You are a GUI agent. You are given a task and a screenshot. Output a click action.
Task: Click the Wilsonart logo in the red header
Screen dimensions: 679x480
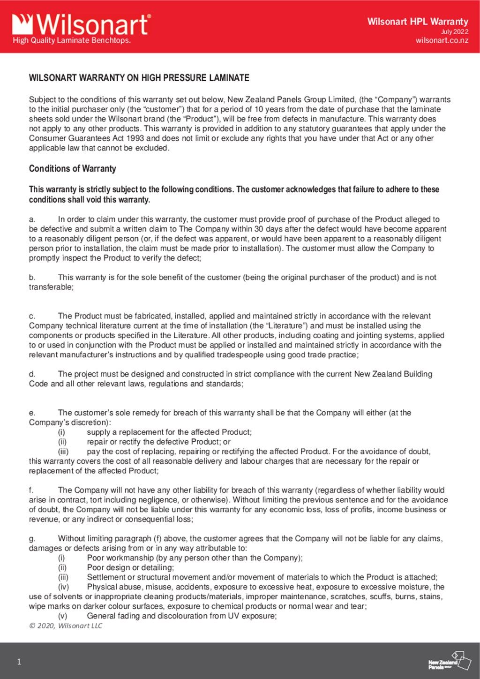click(x=81, y=24)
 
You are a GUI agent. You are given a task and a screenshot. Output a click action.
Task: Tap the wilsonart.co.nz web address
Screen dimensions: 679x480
click(x=442, y=40)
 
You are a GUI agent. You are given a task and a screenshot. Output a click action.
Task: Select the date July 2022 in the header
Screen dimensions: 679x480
click(x=454, y=31)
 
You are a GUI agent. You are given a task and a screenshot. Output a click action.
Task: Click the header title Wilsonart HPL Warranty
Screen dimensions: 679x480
click(x=417, y=21)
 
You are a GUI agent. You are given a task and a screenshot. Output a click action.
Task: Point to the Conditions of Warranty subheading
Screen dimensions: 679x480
click(x=72, y=168)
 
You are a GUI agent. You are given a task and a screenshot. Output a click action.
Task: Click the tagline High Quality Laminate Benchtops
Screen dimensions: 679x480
click(x=72, y=40)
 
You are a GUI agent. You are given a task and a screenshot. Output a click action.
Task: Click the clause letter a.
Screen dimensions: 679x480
click(x=32, y=219)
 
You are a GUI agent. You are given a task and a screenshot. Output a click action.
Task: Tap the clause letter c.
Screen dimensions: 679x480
click(x=32, y=316)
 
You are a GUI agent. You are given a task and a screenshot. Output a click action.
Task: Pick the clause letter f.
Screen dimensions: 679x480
click(x=31, y=490)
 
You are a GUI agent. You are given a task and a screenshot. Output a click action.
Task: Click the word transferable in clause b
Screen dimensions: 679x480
click(x=51, y=287)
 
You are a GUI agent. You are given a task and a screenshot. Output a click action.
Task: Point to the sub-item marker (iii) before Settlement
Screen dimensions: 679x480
click(x=63, y=577)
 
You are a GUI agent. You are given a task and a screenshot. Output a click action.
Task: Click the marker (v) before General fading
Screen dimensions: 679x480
click(x=62, y=616)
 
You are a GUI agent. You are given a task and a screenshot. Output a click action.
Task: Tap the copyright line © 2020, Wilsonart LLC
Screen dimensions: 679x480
click(x=66, y=626)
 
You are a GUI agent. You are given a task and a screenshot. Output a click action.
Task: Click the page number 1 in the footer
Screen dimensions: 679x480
click(x=19, y=662)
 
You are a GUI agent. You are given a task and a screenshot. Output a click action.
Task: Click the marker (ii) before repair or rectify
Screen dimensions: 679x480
click(x=62, y=442)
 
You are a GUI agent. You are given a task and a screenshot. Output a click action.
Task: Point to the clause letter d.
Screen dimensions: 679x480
click(x=32, y=374)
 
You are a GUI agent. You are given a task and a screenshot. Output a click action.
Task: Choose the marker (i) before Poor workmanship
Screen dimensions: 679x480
click(x=61, y=558)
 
